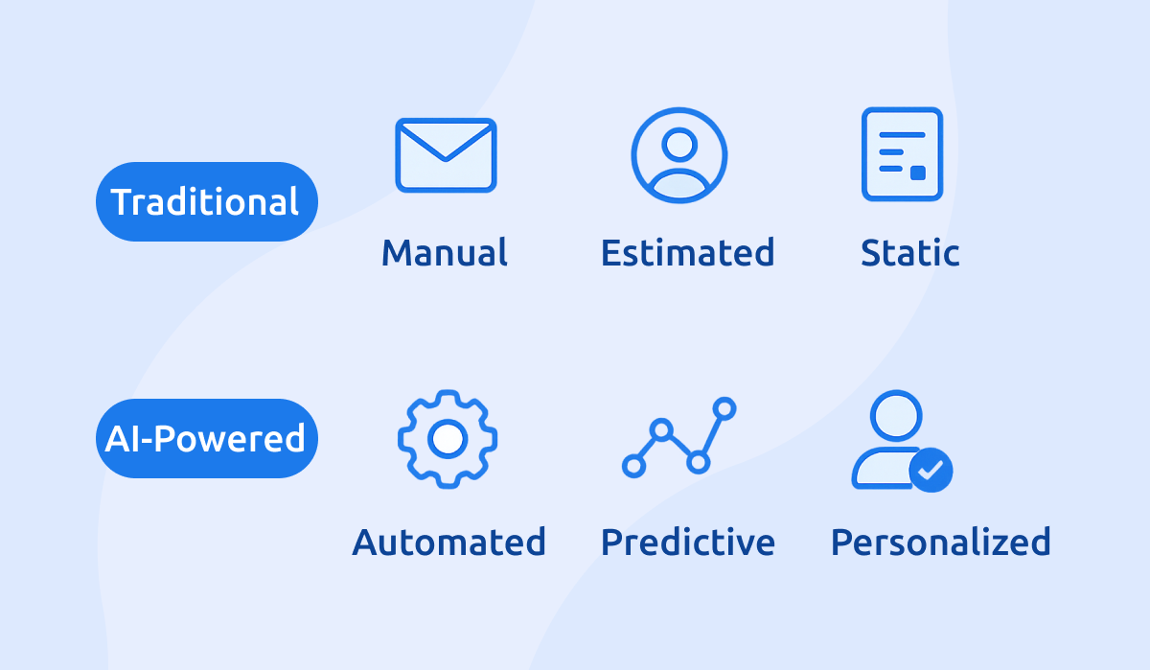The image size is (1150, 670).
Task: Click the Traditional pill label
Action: pyautogui.click(x=206, y=202)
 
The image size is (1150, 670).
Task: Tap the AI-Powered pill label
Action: pyautogui.click(x=206, y=439)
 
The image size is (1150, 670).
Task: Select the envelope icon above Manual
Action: pyautogui.click(x=446, y=154)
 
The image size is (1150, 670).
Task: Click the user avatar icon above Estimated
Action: pyautogui.click(x=678, y=155)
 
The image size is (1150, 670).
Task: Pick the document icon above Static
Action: pyautogui.click(x=902, y=154)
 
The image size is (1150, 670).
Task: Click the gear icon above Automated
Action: pyautogui.click(x=447, y=439)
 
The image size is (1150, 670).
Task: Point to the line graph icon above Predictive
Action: pyautogui.click(x=678, y=437)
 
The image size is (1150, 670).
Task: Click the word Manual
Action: pyautogui.click(x=445, y=253)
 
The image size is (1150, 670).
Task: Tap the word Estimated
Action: pyautogui.click(x=687, y=253)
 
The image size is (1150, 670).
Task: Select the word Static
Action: pyautogui.click(x=909, y=253)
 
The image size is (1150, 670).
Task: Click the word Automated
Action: pyautogui.click(x=448, y=543)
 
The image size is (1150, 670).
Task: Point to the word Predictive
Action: pyautogui.click(x=687, y=543)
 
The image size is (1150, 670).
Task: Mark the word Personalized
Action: pyautogui.click(x=940, y=543)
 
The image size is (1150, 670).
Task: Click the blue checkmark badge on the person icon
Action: pyautogui.click(x=931, y=470)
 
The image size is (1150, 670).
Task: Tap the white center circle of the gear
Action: pyautogui.click(x=447, y=439)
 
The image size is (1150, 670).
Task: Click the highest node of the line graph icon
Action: pyautogui.click(x=724, y=408)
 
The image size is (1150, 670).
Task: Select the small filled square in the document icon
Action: pyautogui.click(x=917, y=173)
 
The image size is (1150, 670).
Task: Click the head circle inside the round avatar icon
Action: pyautogui.click(x=678, y=144)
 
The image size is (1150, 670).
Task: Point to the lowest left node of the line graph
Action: pyautogui.click(x=632, y=467)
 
